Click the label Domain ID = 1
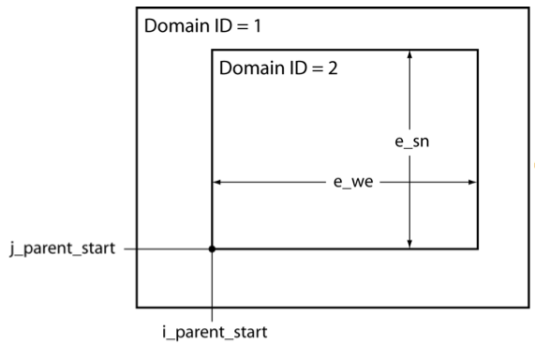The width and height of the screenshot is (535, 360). tap(201, 26)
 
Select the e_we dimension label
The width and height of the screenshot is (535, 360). tap(354, 182)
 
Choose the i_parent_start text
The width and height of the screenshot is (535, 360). tap(213, 332)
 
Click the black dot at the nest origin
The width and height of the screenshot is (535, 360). tap(213, 248)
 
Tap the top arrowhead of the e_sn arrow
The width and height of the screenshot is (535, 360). tap(409, 54)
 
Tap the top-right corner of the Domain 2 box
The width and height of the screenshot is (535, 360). tap(478, 50)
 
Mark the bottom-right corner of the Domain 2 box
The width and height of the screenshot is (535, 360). tap(478, 248)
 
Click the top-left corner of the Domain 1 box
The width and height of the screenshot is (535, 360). tap(137, 8)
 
